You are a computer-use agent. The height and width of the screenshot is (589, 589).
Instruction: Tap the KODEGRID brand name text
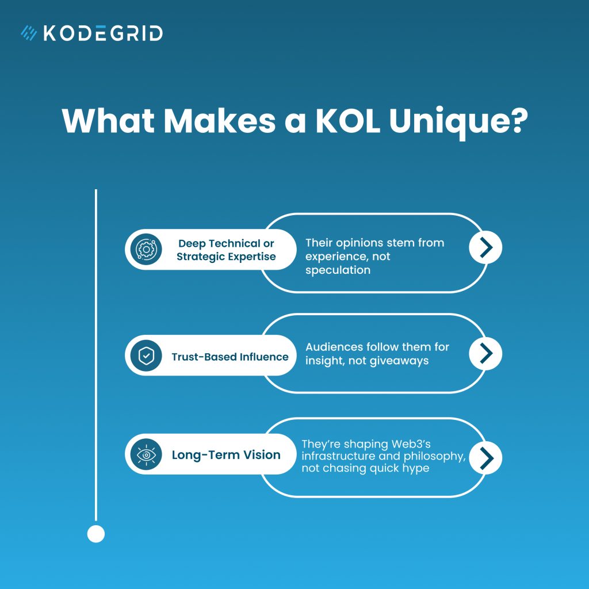click(x=103, y=33)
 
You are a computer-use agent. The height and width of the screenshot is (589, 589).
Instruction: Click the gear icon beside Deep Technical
click(x=146, y=250)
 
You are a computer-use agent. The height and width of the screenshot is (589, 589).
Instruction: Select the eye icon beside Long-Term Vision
click(x=146, y=455)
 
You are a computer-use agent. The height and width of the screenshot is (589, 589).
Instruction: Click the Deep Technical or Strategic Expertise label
click(x=226, y=250)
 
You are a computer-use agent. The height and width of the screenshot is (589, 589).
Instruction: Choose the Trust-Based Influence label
click(x=230, y=357)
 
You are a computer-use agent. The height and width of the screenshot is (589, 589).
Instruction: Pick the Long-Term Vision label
click(x=226, y=455)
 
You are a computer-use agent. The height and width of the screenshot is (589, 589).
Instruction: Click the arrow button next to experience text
click(x=485, y=247)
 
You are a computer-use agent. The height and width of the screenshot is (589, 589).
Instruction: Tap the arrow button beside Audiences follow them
click(x=485, y=353)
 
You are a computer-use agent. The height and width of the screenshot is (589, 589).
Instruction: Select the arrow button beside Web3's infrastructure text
click(x=485, y=457)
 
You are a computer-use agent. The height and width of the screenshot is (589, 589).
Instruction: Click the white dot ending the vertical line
click(x=96, y=534)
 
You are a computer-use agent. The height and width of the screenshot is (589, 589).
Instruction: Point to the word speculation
click(x=338, y=270)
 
